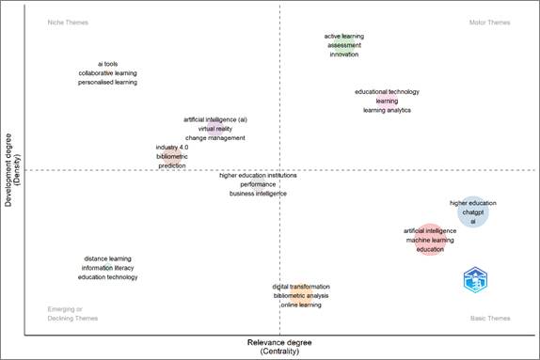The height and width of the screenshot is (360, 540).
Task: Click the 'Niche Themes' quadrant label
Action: point(66,22)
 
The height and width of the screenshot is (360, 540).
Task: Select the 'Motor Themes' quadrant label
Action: point(489,22)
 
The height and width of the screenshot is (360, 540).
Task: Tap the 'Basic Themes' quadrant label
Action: point(489,319)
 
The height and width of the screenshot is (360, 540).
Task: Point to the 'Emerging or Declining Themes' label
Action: point(65,314)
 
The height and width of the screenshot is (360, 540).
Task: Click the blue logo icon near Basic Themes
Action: point(479,279)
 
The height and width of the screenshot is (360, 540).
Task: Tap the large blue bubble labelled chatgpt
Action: point(473,212)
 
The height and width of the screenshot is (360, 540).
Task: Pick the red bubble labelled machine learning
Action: point(430,240)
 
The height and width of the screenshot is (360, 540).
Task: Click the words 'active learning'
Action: point(343,36)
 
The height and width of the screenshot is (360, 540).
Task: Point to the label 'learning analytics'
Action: point(387,110)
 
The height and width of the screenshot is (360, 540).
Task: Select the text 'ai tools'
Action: point(107,63)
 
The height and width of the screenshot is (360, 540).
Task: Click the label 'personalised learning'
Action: point(107,82)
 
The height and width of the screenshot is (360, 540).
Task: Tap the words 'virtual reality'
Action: point(215,129)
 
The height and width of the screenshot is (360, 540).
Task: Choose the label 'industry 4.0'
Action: point(172,147)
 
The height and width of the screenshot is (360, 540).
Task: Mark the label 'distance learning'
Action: point(107,258)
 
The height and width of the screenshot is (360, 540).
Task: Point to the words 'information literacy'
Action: point(107,268)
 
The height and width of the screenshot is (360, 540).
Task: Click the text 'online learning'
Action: point(302,305)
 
